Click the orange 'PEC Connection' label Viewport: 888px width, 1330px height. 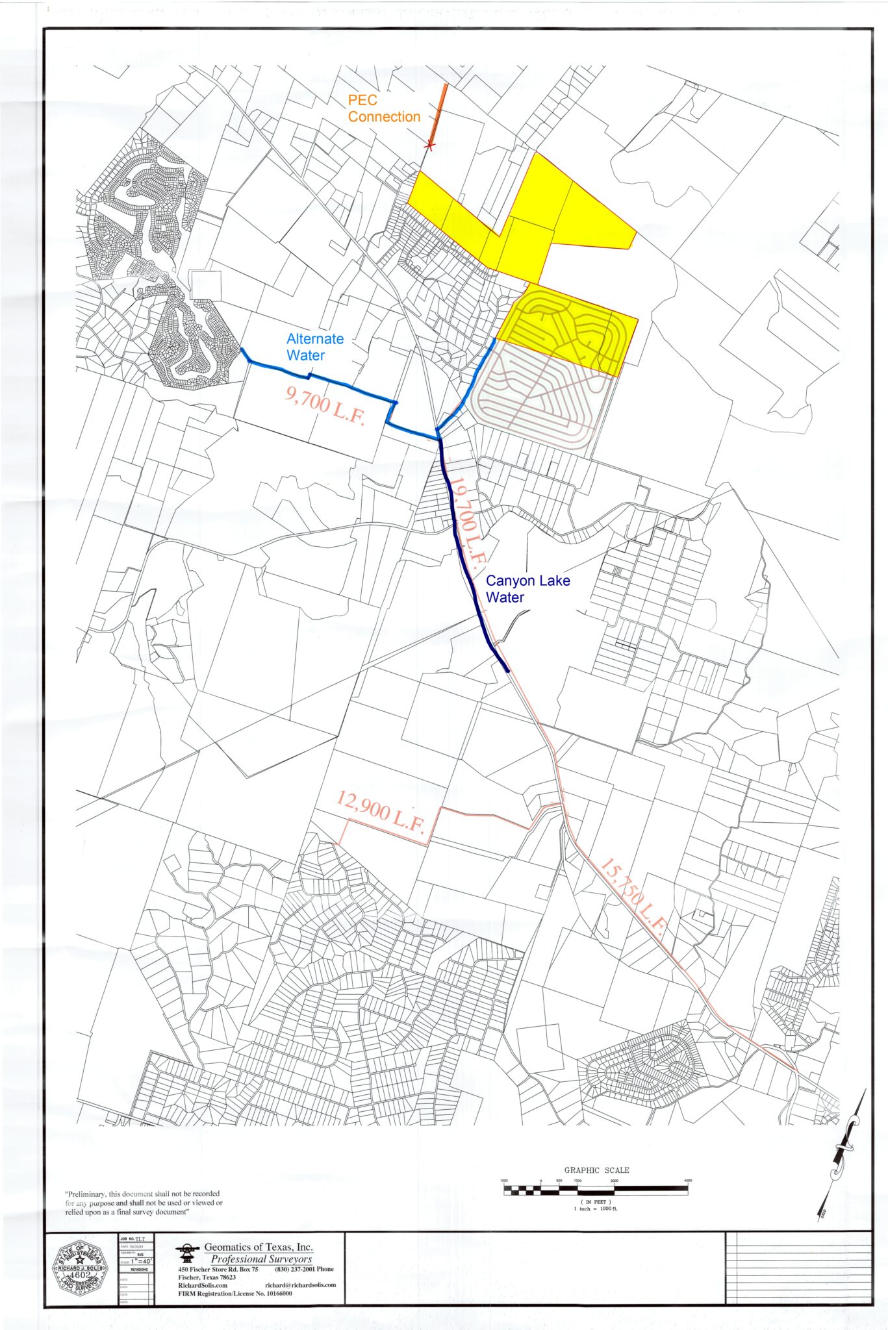pos(384,108)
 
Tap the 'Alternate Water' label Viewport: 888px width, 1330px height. pos(315,347)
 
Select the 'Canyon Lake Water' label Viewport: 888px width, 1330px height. pos(527,589)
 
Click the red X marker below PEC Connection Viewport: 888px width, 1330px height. pos(429,147)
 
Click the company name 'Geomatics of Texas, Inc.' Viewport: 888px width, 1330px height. pos(259,1247)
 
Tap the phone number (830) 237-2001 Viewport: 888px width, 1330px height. pos(304,1269)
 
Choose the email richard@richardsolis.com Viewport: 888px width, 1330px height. pos(300,1285)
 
